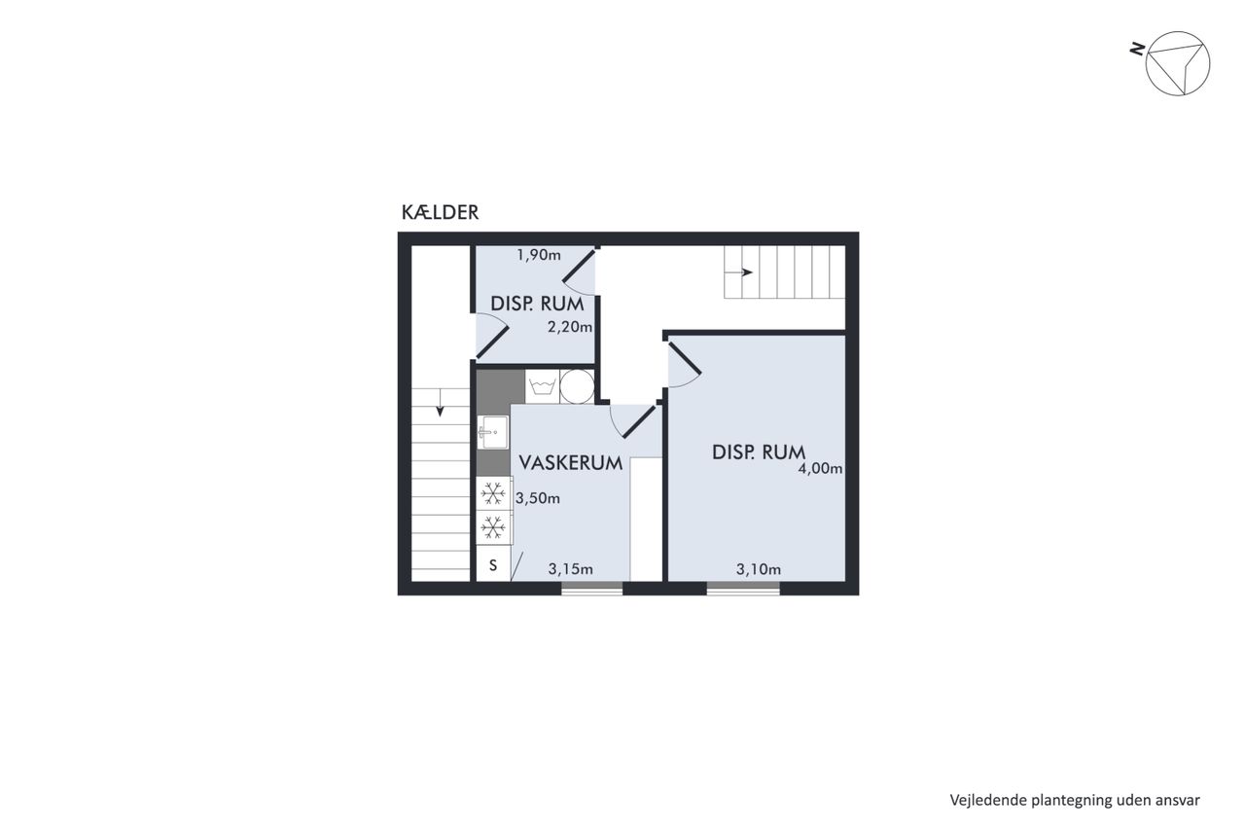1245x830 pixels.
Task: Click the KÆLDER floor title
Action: coord(440,212)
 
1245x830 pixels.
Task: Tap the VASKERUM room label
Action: coord(570,463)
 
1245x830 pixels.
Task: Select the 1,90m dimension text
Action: coord(539,255)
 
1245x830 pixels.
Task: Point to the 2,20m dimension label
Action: coord(570,327)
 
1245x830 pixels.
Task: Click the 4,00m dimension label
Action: coord(820,469)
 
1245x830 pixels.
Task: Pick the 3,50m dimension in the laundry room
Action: coord(538,498)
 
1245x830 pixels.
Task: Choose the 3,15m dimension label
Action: coord(570,568)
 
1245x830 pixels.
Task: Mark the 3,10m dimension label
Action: coord(759,568)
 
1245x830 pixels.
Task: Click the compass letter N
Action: coord(1137,50)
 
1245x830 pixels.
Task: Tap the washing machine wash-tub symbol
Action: coord(542,385)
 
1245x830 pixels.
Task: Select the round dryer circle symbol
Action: coord(577,386)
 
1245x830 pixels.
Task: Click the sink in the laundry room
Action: coord(492,432)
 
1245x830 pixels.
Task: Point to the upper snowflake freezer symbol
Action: coord(493,493)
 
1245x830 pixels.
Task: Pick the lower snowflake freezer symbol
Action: coord(493,527)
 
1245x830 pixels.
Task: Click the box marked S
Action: coord(493,564)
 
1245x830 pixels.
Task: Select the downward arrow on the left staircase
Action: coord(441,403)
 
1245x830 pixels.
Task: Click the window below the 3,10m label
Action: coord(743,589)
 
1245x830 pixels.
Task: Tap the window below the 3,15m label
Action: coord(591,589)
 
